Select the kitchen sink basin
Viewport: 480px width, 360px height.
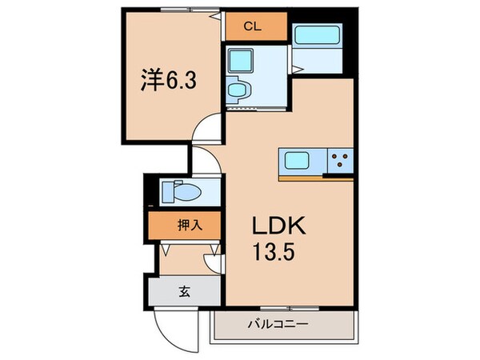pos(298,160)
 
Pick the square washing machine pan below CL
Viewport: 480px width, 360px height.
pos(241,61)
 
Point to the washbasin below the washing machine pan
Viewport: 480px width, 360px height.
pos(238,90)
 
